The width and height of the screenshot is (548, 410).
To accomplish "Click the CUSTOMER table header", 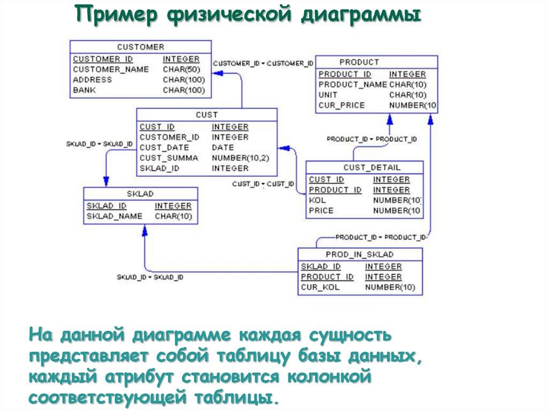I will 140,47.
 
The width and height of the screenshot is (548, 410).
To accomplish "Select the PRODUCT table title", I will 359,62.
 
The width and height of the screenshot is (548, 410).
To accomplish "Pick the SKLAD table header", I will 140,194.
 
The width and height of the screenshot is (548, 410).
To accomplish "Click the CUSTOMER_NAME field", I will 111,69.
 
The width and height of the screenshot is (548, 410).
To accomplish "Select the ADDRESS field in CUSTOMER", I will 93,80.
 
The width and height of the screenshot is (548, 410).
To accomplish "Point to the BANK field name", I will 85,90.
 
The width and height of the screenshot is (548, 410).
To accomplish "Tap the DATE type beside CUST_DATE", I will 223,148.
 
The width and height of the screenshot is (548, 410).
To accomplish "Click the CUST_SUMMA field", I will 169,158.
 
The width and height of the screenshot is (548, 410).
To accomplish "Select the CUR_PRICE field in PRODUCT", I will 341,105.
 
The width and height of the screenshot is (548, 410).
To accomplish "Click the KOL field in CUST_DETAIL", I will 314,200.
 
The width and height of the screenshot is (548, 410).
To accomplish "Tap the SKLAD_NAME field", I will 115,216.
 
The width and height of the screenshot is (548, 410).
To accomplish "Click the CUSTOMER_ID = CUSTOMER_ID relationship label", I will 263,64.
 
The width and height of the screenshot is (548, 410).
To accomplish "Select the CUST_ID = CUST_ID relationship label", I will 263,184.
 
